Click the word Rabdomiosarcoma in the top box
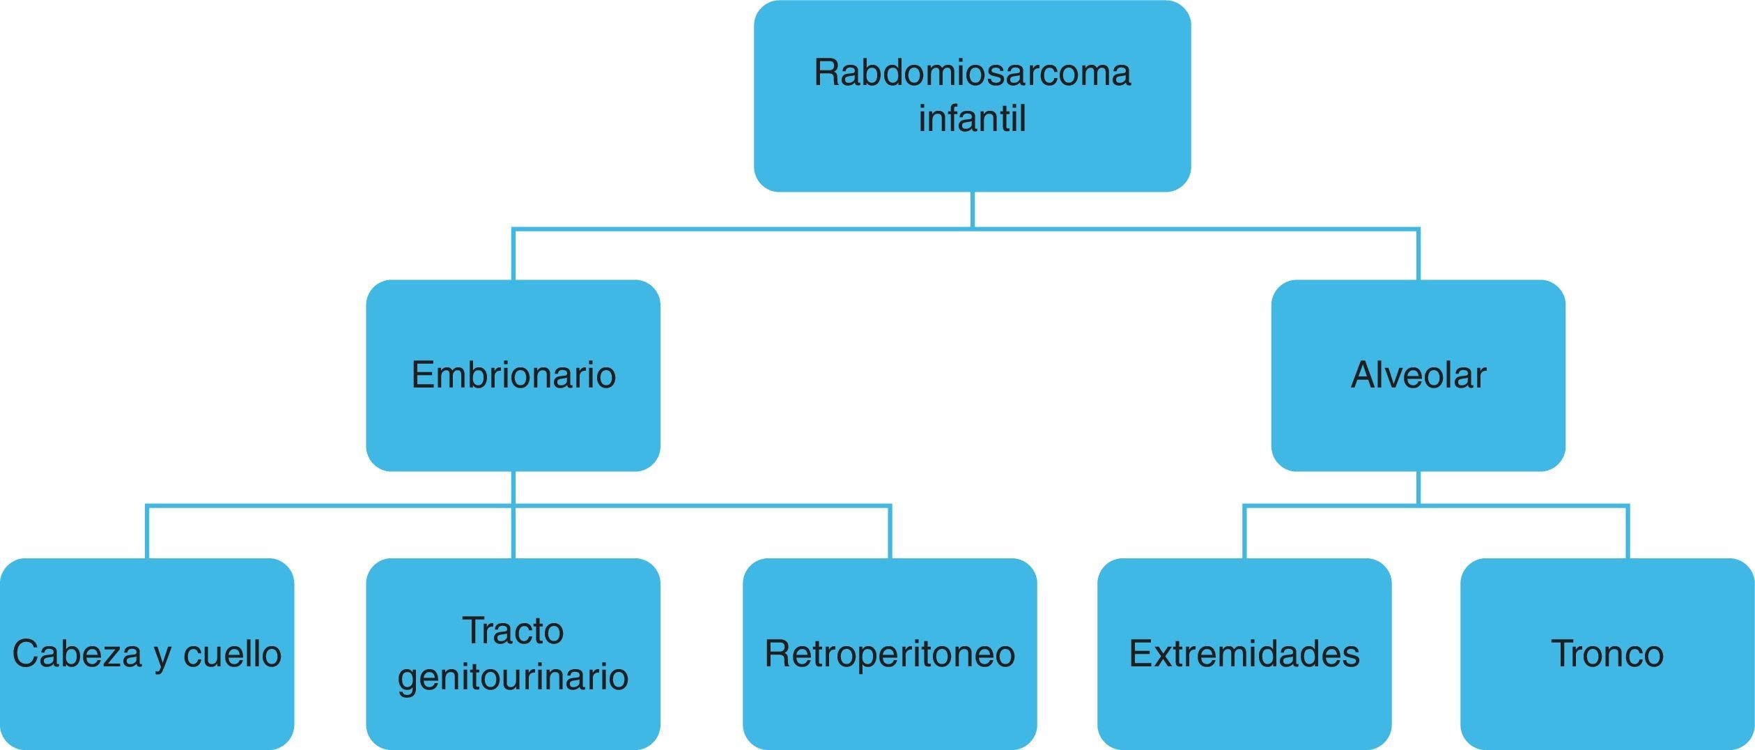tap(972, 73)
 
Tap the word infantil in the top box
tap(972, 118)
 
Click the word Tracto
tap(513, 632)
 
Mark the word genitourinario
tap(513, 677)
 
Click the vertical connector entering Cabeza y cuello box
tap(147, 533)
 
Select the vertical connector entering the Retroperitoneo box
tap(890, 533)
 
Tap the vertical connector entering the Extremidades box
tap(1244, 533)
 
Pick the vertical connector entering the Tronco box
tap(1628, 533)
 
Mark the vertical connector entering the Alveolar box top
tap(1418, 255)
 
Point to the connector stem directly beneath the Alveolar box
tap(1418, 488)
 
